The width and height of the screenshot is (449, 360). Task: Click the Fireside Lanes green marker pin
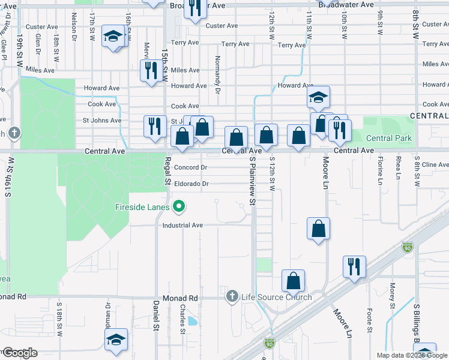[178, 208]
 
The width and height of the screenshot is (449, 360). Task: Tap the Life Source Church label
[276, 297]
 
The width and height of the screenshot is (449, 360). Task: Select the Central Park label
[389, 139]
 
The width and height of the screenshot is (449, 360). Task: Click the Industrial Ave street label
[182, 225]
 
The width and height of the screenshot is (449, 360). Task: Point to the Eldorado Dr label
[191, 184]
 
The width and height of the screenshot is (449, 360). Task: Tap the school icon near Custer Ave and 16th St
[112, 37]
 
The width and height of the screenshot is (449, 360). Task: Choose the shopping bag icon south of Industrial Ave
[318, 229]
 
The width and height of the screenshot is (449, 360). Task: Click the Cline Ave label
[435, 164]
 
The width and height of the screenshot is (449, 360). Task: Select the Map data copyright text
[411, 355]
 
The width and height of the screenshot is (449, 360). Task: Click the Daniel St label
[155, 316]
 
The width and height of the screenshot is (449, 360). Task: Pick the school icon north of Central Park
[318, 97]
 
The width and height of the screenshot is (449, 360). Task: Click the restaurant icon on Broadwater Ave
[194, 10]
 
